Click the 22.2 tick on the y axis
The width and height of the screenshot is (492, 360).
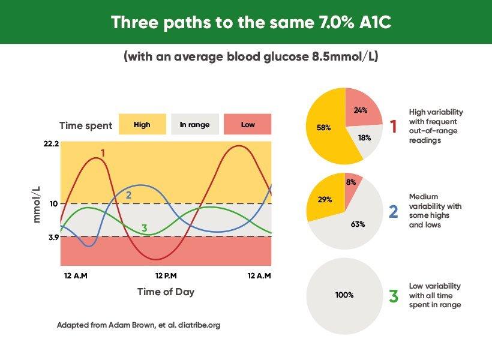click(51, 144)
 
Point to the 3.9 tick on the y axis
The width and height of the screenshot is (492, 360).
click(53, 237)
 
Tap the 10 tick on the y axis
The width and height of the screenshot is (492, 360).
click(53, 203)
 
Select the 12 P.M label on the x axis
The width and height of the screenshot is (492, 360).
click(166, 276)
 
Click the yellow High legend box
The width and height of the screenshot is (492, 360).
click(142, 124)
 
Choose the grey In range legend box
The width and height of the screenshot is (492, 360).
click(195, 124)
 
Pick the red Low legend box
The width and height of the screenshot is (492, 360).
click(248, 124)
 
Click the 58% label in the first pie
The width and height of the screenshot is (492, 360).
click(324, 128)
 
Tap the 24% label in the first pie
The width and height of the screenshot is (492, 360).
click(361, 110)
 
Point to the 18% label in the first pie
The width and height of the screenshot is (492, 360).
click(364, 138)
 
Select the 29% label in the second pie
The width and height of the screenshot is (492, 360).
click(325, 200)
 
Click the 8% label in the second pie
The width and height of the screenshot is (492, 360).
click(351, 182)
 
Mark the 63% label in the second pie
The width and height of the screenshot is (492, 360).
click(358, 224)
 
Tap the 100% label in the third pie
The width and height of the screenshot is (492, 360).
click(344, 295)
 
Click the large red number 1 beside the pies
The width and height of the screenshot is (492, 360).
click(393, 127)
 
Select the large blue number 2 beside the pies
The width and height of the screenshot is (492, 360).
click(394, 212)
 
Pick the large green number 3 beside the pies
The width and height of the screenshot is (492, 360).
click(394, 296)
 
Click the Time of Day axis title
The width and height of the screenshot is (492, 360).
click(166, 292)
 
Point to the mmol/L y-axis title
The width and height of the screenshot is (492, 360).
click(37, 205)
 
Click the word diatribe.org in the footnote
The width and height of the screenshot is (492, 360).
click(199, 325)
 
